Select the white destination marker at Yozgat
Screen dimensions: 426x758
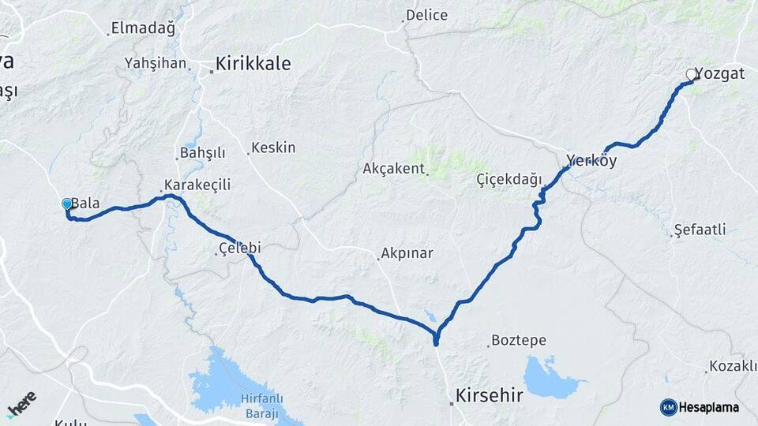[x=692, y=74]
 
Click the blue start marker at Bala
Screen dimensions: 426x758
[x=67, y=204]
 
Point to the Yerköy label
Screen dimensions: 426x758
[x=591, y=160]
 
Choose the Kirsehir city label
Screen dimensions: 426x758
[x=490, y=395]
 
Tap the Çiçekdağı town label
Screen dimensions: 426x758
[x=510, y=181]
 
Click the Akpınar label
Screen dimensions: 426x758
[x=407, y=254]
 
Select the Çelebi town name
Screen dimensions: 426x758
[x=239, y=248]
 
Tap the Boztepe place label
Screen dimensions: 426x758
[x=519, y=341]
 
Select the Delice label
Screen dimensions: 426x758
[x=426, y=15]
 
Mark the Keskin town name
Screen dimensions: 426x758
[x=274, y=148]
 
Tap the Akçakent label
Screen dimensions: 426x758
[x=394, y=169]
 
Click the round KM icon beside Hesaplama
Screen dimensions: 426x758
[x=668, y=407]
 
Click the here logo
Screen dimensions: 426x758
[x=21, y=403]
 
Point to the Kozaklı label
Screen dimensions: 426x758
[x=733, y=366]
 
